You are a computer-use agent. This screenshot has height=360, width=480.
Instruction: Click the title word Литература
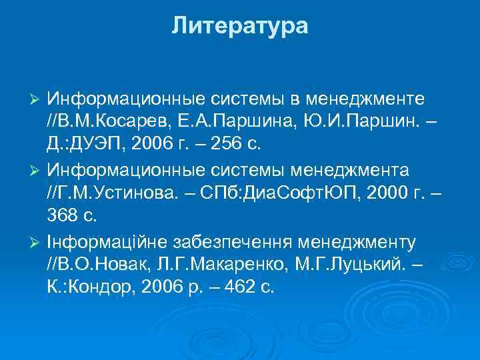[239, 26]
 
